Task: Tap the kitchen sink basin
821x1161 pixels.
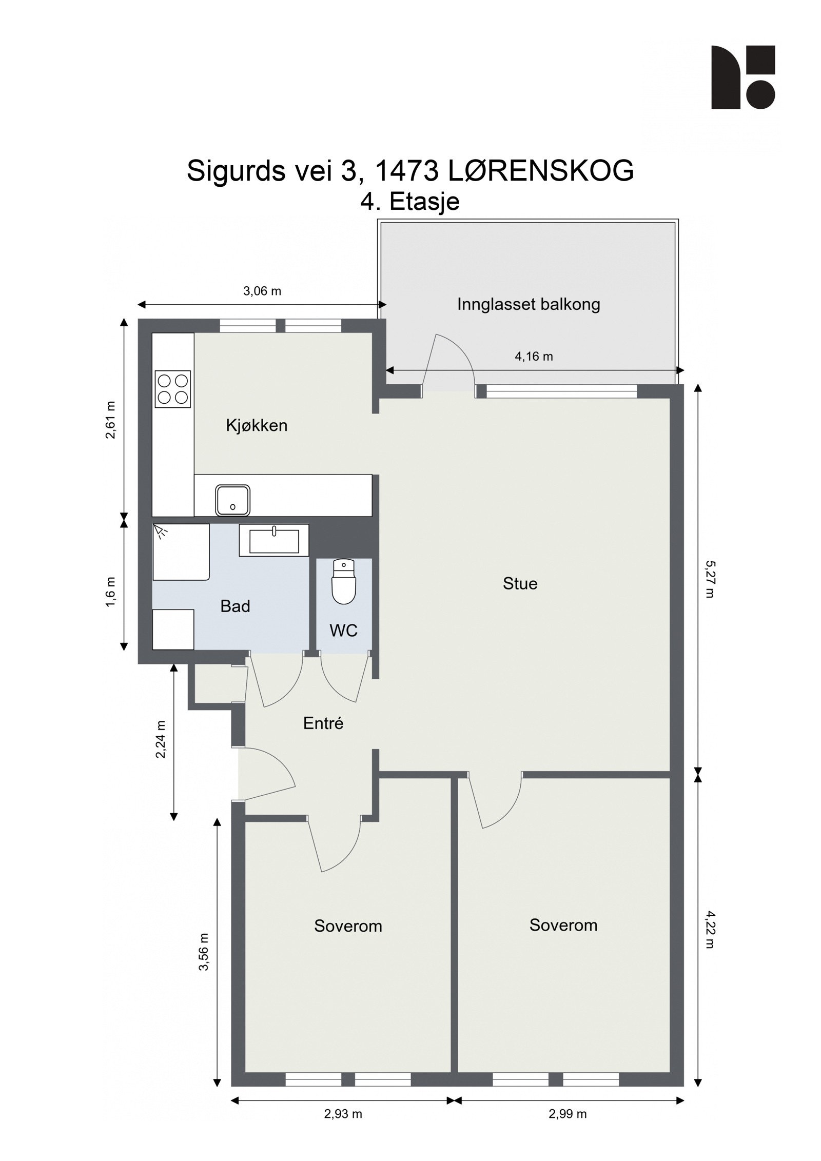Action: click(232, 500)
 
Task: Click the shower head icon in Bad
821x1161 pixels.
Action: click(162, 531)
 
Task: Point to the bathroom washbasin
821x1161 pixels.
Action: click(274, 541)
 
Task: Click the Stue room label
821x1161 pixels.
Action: click(520, 583)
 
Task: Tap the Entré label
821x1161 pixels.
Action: click(323, 723)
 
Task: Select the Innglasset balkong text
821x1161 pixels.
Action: click(528, 304)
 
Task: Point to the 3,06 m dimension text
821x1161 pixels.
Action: click(262, 291)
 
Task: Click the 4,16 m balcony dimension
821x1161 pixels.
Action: click(534, 356)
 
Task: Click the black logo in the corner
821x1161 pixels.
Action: click(742, 77)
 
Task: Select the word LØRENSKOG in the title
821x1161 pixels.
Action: click(541, 171)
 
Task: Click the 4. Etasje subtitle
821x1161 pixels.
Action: click(409, 202)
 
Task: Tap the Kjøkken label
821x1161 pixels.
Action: click(257, 425)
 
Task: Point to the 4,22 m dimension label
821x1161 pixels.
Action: click(709, 930)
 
